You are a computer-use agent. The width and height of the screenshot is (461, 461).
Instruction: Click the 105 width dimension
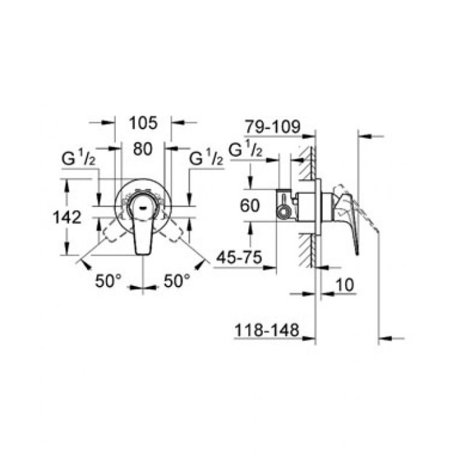[143, 122]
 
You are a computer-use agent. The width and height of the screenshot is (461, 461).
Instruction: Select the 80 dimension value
[143, 149]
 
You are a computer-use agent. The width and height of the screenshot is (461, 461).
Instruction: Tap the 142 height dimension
[68, 217]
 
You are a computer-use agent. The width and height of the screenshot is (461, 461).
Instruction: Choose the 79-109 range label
[272, 126]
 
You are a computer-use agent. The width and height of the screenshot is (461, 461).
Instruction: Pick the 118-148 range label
[267, 329]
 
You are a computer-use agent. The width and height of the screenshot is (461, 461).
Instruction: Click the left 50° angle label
[108, 281]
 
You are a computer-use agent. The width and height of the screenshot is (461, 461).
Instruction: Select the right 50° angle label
[177, 281]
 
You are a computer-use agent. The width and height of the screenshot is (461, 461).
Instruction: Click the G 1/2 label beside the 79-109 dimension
[246, 149]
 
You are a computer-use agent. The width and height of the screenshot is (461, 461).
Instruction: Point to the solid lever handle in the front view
[142, 230]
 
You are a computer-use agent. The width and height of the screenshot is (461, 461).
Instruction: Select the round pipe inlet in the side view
[283, 211]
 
